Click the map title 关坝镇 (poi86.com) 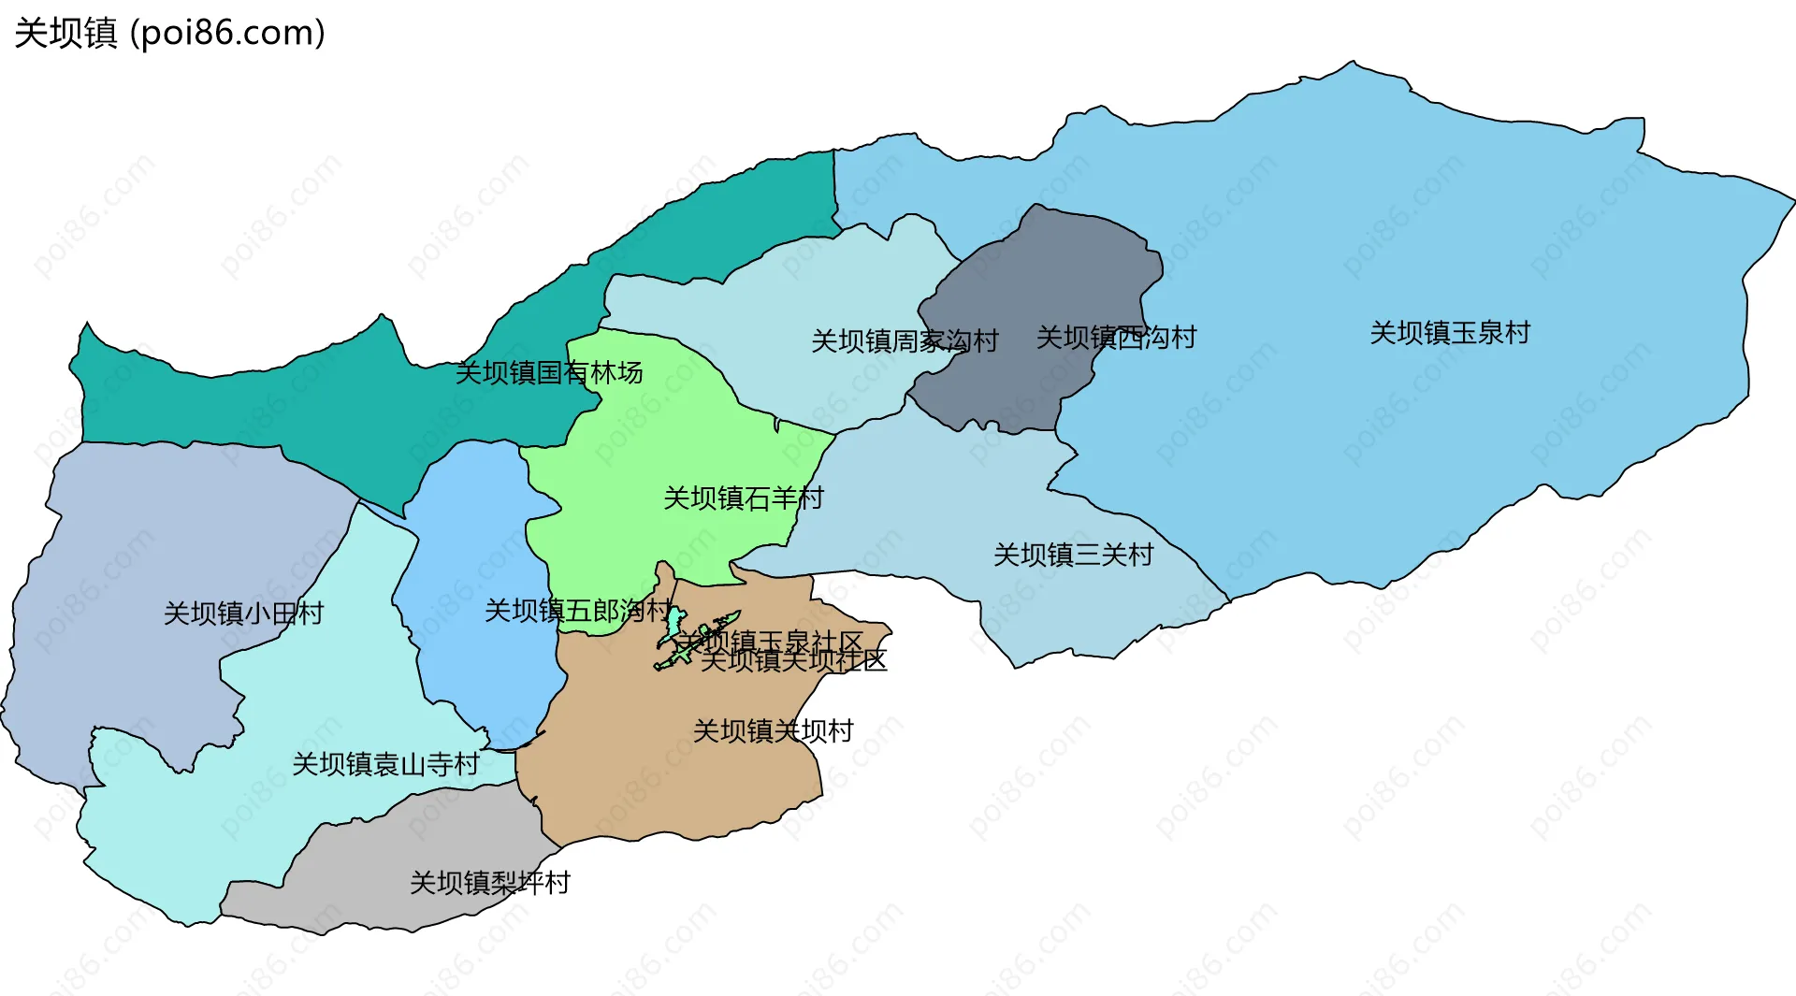170,33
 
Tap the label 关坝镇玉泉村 1450,333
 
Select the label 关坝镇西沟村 1116,338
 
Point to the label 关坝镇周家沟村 905,341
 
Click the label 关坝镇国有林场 549,373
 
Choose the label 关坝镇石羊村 744,498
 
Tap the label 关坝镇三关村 1073,556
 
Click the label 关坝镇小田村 243,613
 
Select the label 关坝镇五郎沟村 578,612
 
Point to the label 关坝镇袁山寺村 385,765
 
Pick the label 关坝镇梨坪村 490,883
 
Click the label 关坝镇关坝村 774,731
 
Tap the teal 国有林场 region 281,402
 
